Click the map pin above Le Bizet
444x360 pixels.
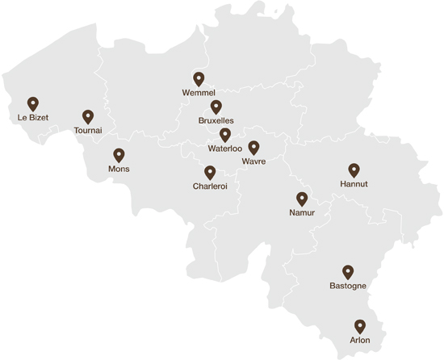point(33,104)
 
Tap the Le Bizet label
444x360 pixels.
point(33,118)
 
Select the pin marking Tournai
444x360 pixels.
point(88,117)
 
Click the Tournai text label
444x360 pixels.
point(87,130)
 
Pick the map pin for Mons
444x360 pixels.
point(119,155)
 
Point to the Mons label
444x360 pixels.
point(119,169)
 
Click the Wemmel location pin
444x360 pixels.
point(199,79)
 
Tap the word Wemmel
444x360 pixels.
point(199,93)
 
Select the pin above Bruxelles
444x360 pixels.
point(216,107)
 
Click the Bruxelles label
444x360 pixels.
point(216,120)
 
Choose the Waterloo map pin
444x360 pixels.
point(225,135)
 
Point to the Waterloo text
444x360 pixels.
point(225,149)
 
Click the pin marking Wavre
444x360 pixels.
point(253,148)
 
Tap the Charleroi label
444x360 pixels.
point(210,186)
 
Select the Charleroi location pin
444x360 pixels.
point(210,173)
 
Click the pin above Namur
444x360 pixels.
point(302,199)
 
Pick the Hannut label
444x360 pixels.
point(354,184)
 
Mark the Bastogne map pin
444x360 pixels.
point(348,272)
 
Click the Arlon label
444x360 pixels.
point(360,340)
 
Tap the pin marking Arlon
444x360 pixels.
point(360,326)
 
